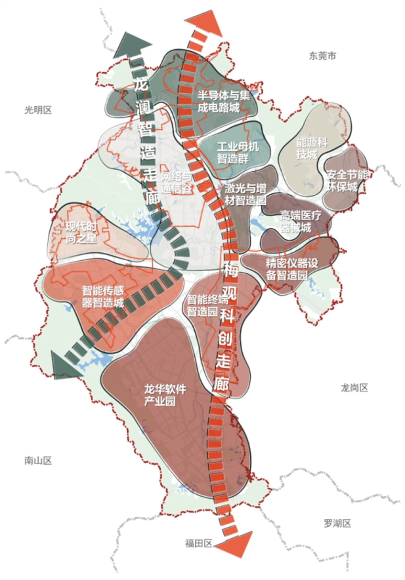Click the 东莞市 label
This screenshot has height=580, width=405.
point(323,56)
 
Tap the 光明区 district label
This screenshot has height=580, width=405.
point(37,109)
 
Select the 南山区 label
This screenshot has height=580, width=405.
point(37,461)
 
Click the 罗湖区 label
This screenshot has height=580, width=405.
point(337,523)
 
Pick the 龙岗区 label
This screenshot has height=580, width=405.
point(354,388)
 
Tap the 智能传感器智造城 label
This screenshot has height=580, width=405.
point(103,296)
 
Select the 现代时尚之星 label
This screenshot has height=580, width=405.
point(81,232)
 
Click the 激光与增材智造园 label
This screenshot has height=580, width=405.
point(244,194)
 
